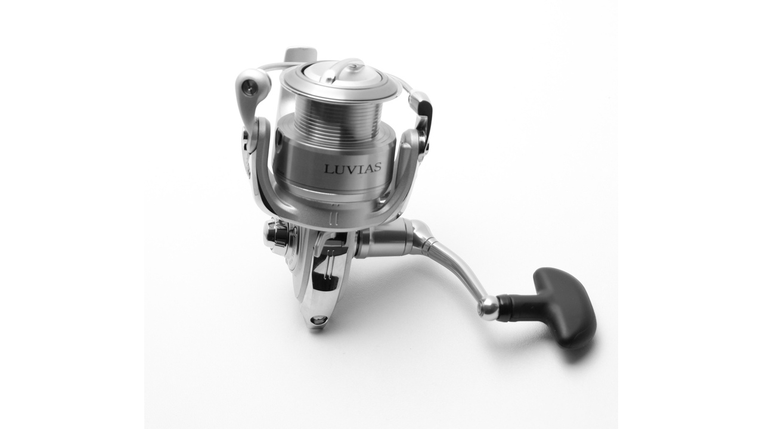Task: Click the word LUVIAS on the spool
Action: (352, 169)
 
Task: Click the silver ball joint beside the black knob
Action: (488, 307)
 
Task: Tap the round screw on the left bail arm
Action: (250, 89)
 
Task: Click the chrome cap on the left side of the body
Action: (275, 235)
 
